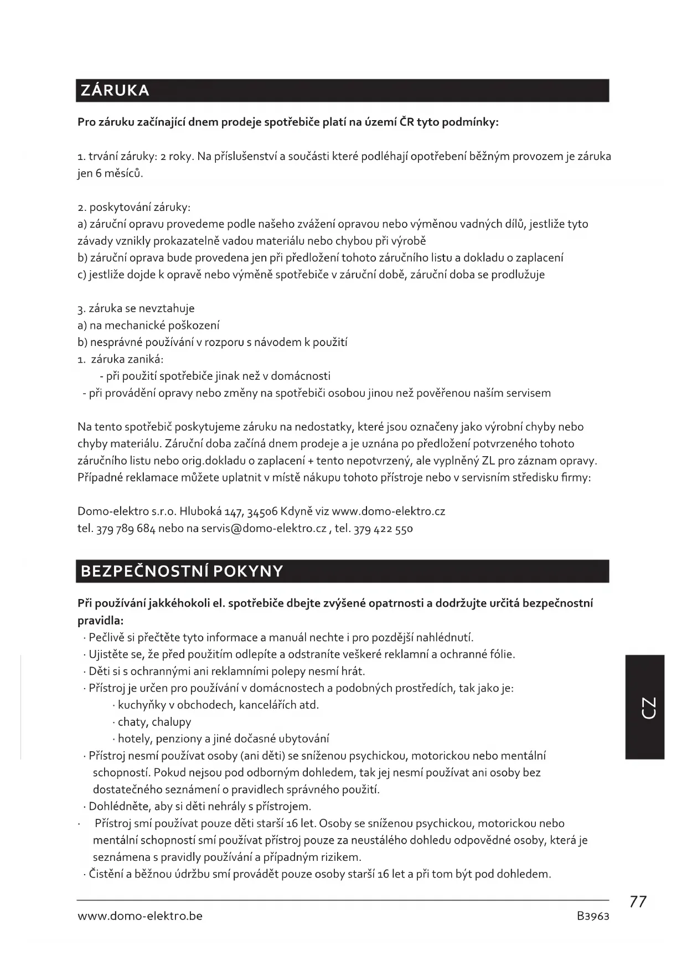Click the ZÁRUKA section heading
click(x=115, y=91)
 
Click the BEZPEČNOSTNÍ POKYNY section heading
click(x=182, y=571)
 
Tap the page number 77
click(x=638, y=902)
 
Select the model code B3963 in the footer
click(x=592, y=916)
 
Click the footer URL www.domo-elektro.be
click(x=140, y=916)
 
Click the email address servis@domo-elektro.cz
click(x=264, y=528)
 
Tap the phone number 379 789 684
click(x=126, y=528)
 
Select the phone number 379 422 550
click(x=383, y=528)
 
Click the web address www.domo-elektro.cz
click(x=388, y=511)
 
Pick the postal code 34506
click(x=262, y=511)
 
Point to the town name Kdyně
click(x=297, y=511)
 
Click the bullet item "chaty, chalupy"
click(x=154, y=722)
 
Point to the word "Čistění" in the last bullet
click(x=107, y=874)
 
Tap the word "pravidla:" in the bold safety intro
click(x=100, y=620)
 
